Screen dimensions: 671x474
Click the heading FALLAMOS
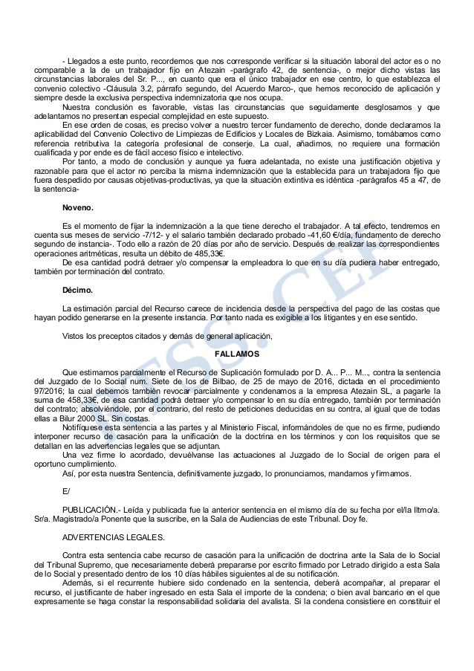click(x=237, y=354)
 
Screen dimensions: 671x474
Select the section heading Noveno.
click(x=79, y=210)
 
